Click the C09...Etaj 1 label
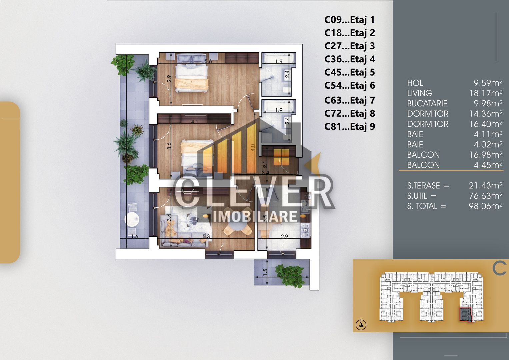349,20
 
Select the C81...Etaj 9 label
349,127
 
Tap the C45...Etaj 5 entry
349,72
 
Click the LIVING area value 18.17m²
485,93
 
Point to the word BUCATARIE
427,103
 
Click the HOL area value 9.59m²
488,83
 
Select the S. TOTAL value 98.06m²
485,206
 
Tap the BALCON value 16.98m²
485,155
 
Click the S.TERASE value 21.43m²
485,185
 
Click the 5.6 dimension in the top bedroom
208,61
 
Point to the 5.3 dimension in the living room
206,236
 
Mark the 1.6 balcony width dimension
135,237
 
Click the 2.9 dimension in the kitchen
284,237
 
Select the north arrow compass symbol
361,325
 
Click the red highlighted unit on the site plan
466,314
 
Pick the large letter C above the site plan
499,268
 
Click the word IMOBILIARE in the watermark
255,217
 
